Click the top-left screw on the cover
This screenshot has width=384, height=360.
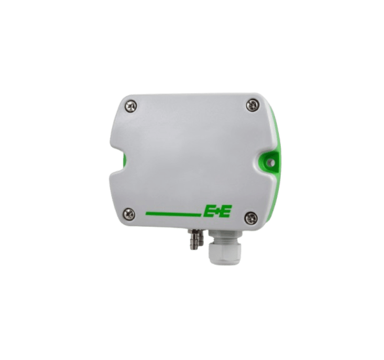click(132, 106)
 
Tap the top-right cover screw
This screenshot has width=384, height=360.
click(252, 105)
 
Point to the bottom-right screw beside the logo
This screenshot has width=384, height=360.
click(252, 216)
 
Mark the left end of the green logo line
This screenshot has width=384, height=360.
click(146, 214)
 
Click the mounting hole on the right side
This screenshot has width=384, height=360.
click(270, 162)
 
